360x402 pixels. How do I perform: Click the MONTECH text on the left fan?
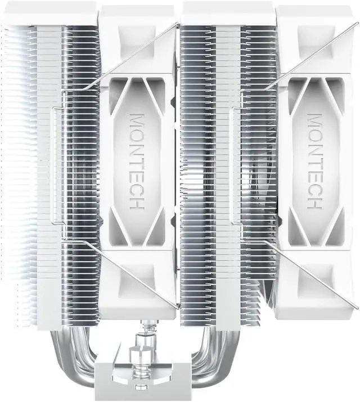(x=137, y=162)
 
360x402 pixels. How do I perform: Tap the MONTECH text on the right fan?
(x=314, y=162)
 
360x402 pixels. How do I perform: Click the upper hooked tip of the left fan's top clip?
(x=178, y=25)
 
